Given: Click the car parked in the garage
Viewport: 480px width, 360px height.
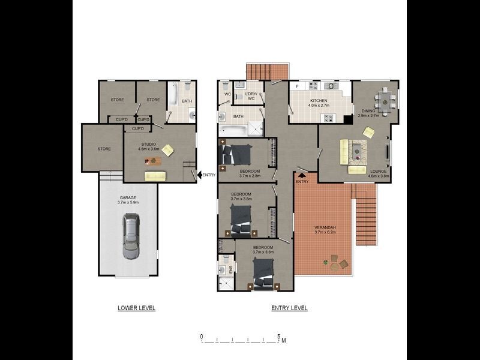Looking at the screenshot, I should pos(130,236).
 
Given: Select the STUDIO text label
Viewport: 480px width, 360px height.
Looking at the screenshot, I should pos(148,144).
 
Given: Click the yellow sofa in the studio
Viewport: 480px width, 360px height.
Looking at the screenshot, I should pos(155,176).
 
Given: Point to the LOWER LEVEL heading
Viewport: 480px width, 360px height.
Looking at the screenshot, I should pos(136,308).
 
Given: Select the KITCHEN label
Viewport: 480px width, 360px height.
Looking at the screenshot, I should pos(318,101).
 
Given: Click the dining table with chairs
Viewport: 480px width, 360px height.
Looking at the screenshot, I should pos(385,98).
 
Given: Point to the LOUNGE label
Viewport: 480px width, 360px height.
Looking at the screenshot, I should pos(379,171).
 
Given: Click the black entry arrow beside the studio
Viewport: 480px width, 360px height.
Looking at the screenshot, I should pos(199,175).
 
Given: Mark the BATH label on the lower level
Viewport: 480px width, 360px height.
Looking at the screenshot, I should pos(187,101).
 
